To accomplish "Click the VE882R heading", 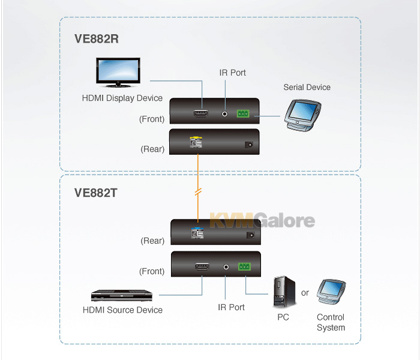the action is pos(97,39).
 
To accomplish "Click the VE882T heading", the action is pos(95,193).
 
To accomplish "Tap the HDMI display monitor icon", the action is pos(118,73).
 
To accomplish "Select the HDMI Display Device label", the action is pos(122,98).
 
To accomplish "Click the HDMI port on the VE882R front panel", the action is pos(201,113).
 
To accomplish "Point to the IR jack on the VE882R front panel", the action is pos(225,114).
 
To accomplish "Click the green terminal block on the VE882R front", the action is pos(243,113).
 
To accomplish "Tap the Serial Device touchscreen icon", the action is pos(302,115).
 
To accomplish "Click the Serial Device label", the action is pos(307,88).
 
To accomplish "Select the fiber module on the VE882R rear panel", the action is pos(196,142).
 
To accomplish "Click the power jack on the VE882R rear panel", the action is pos(249,145).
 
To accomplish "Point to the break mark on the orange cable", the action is pos(198,192).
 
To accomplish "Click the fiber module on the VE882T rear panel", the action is pos(197,233).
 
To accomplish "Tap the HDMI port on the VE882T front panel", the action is pos(202,267).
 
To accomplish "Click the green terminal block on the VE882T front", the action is pos(244,266).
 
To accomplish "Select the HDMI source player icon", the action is pos(122,295).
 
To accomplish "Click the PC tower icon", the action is pos(284,292).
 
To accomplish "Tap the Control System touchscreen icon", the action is pos(331,292).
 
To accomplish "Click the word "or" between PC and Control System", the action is pos(305,293).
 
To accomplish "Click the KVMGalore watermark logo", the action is pos(262,220).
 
